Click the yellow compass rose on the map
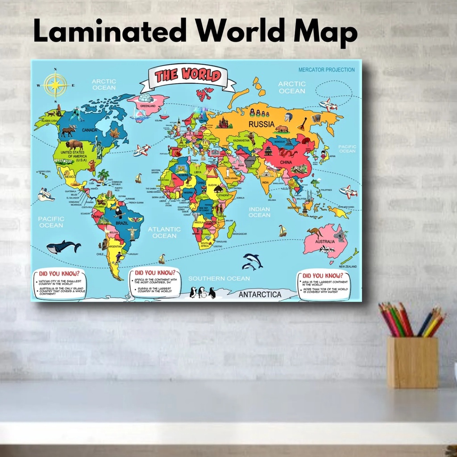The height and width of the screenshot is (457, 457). [x=56, y=84]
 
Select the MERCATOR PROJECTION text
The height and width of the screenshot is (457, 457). [x=327, y=70]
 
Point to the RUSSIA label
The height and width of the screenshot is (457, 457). [x=262, y=124]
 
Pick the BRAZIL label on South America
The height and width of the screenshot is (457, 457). [x=122, y=222]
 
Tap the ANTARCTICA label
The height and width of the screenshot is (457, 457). [x=260, y=295]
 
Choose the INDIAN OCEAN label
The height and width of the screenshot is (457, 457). [x=259, y=212]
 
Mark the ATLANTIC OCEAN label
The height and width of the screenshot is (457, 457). [x=164, y=232]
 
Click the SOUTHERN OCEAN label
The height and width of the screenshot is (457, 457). [x=219, y=278]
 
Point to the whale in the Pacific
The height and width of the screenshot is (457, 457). [x=63, y=247]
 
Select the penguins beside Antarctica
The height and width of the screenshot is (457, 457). [x=203, y=292]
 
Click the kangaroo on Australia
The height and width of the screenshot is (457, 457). [x=316, y=232]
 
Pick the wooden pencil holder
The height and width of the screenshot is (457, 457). [x=412, y=361]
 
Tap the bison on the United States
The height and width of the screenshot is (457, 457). [x=74, y=145]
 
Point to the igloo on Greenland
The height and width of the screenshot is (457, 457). [x=145, y=98]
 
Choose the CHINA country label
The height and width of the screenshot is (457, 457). [x=286, y=162]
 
